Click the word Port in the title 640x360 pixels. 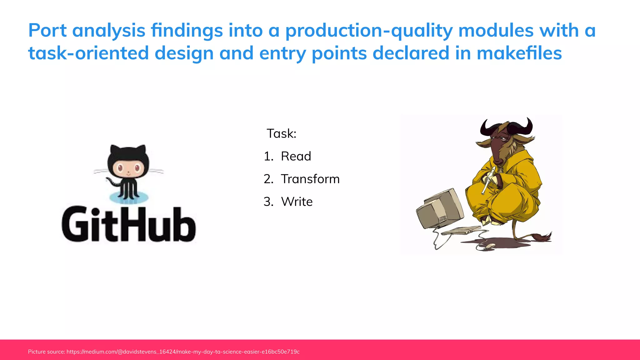[47, 31]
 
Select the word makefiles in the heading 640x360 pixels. [519, 53]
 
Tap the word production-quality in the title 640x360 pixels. [369, 31]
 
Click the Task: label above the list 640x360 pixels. [281, 134]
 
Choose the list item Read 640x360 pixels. [296, 156]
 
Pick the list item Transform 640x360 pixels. [310, 179]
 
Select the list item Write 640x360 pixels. [297, 202]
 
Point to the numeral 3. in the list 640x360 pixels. [268, 202]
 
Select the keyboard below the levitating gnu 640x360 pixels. [461, 231]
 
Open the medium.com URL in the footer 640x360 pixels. [183, 352]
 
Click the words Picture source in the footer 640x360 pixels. [46, 352]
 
